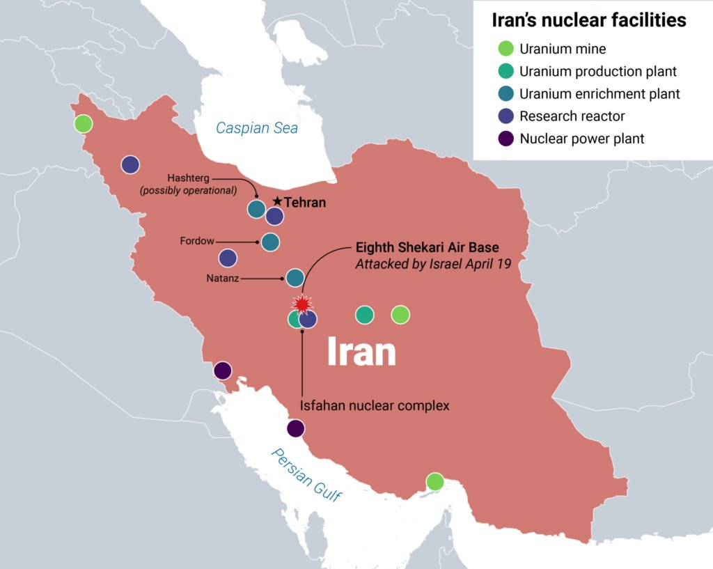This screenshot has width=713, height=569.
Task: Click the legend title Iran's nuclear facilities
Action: coord(588,20)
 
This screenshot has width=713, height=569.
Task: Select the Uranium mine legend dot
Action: coord(506,49)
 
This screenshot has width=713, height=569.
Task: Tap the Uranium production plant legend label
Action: coord(598,71)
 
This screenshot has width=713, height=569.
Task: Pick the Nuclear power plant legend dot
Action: coord(506,139)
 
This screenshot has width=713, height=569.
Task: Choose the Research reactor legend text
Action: coord(572,116)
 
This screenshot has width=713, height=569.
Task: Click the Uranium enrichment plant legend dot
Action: coord(506,94)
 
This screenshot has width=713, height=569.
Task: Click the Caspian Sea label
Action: coord(256,127)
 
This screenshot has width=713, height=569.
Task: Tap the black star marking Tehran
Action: coord(277,201)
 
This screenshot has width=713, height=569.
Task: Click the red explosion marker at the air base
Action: coord(302,304)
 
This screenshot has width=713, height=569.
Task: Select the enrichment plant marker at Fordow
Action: coord(270,242)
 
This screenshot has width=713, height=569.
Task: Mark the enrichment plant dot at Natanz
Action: coord(295,278)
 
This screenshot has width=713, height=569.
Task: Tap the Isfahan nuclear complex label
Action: coord(375,405)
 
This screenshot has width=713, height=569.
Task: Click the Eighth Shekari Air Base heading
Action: coord(427,247)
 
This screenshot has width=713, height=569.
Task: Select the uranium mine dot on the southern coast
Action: coord(434,481)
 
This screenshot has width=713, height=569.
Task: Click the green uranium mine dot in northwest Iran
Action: coord(83,124)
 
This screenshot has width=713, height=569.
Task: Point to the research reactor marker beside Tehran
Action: coord(275,217)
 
